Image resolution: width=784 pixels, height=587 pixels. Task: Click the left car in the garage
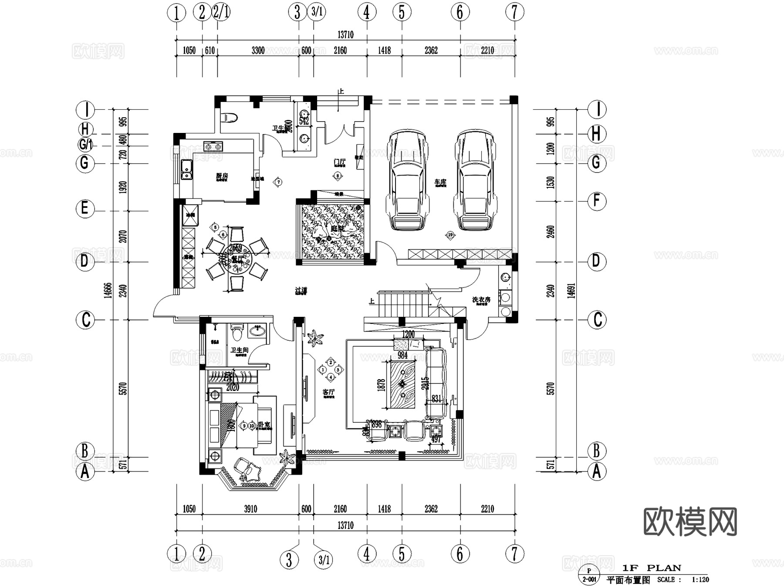[407, 180]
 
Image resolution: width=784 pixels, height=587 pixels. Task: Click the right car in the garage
[474, 180]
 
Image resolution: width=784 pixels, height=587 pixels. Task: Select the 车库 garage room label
[440, 182]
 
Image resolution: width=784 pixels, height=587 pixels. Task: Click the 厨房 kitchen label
[222, 176]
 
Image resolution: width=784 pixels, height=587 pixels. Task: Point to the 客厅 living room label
[328, 392]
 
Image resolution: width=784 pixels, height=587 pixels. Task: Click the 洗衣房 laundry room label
[481, 300]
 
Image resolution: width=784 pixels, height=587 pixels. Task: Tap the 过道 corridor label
[301, 290]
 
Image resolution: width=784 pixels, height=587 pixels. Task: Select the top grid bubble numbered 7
[514, 12]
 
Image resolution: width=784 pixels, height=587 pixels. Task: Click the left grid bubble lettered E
[85, 208]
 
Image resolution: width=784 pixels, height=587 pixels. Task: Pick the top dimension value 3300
[258, 51]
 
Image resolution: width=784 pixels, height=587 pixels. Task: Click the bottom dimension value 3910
[250, 509]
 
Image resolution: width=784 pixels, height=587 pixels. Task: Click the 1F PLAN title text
[651, 568]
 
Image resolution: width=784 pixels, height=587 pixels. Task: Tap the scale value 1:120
[700, 580]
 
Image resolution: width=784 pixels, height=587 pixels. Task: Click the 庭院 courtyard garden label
[337, 228]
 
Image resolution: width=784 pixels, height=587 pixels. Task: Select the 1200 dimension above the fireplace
[408, 334]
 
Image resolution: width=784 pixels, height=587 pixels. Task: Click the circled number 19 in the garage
[450, 235]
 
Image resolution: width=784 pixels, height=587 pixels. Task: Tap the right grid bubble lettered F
[597, 201]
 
